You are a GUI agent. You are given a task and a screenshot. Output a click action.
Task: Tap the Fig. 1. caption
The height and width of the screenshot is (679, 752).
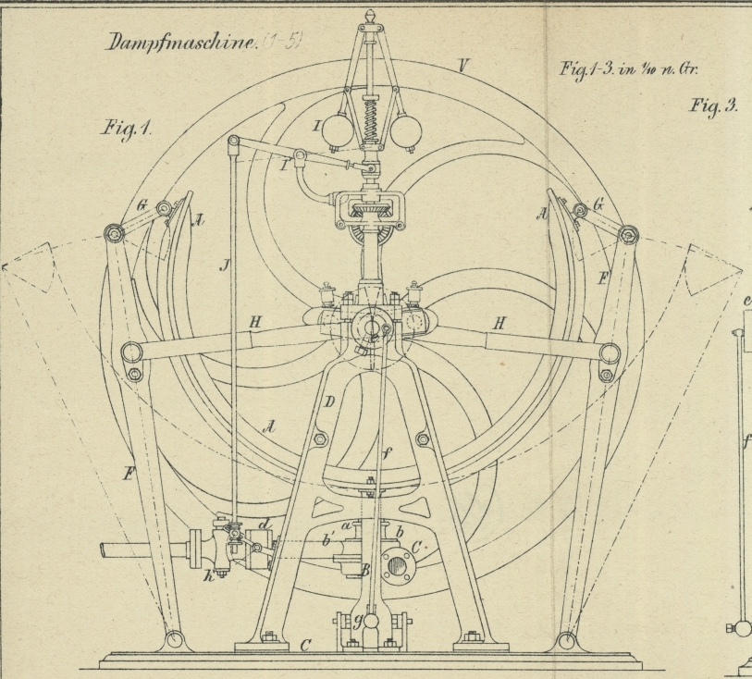[127, 129]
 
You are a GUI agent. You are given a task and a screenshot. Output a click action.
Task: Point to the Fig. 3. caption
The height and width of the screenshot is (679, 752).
[713, 105]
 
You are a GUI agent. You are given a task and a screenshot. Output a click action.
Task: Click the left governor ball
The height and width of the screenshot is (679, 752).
[339, 131]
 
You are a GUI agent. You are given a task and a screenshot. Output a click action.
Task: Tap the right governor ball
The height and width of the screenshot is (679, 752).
[404, 131]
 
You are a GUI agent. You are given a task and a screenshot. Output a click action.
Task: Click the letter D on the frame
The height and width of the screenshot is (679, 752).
[328, 401]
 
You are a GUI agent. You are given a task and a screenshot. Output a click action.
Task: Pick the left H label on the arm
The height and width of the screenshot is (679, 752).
[254, 321]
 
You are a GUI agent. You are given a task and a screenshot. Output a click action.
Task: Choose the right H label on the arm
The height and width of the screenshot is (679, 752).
[499, 323]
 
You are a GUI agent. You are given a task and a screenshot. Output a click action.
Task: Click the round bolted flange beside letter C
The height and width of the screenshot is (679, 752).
[399, 563]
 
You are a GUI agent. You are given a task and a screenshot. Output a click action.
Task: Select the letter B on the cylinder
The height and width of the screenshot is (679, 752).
[363, 571]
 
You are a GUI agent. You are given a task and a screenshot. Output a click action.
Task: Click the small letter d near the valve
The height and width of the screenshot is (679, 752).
[265, 526]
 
